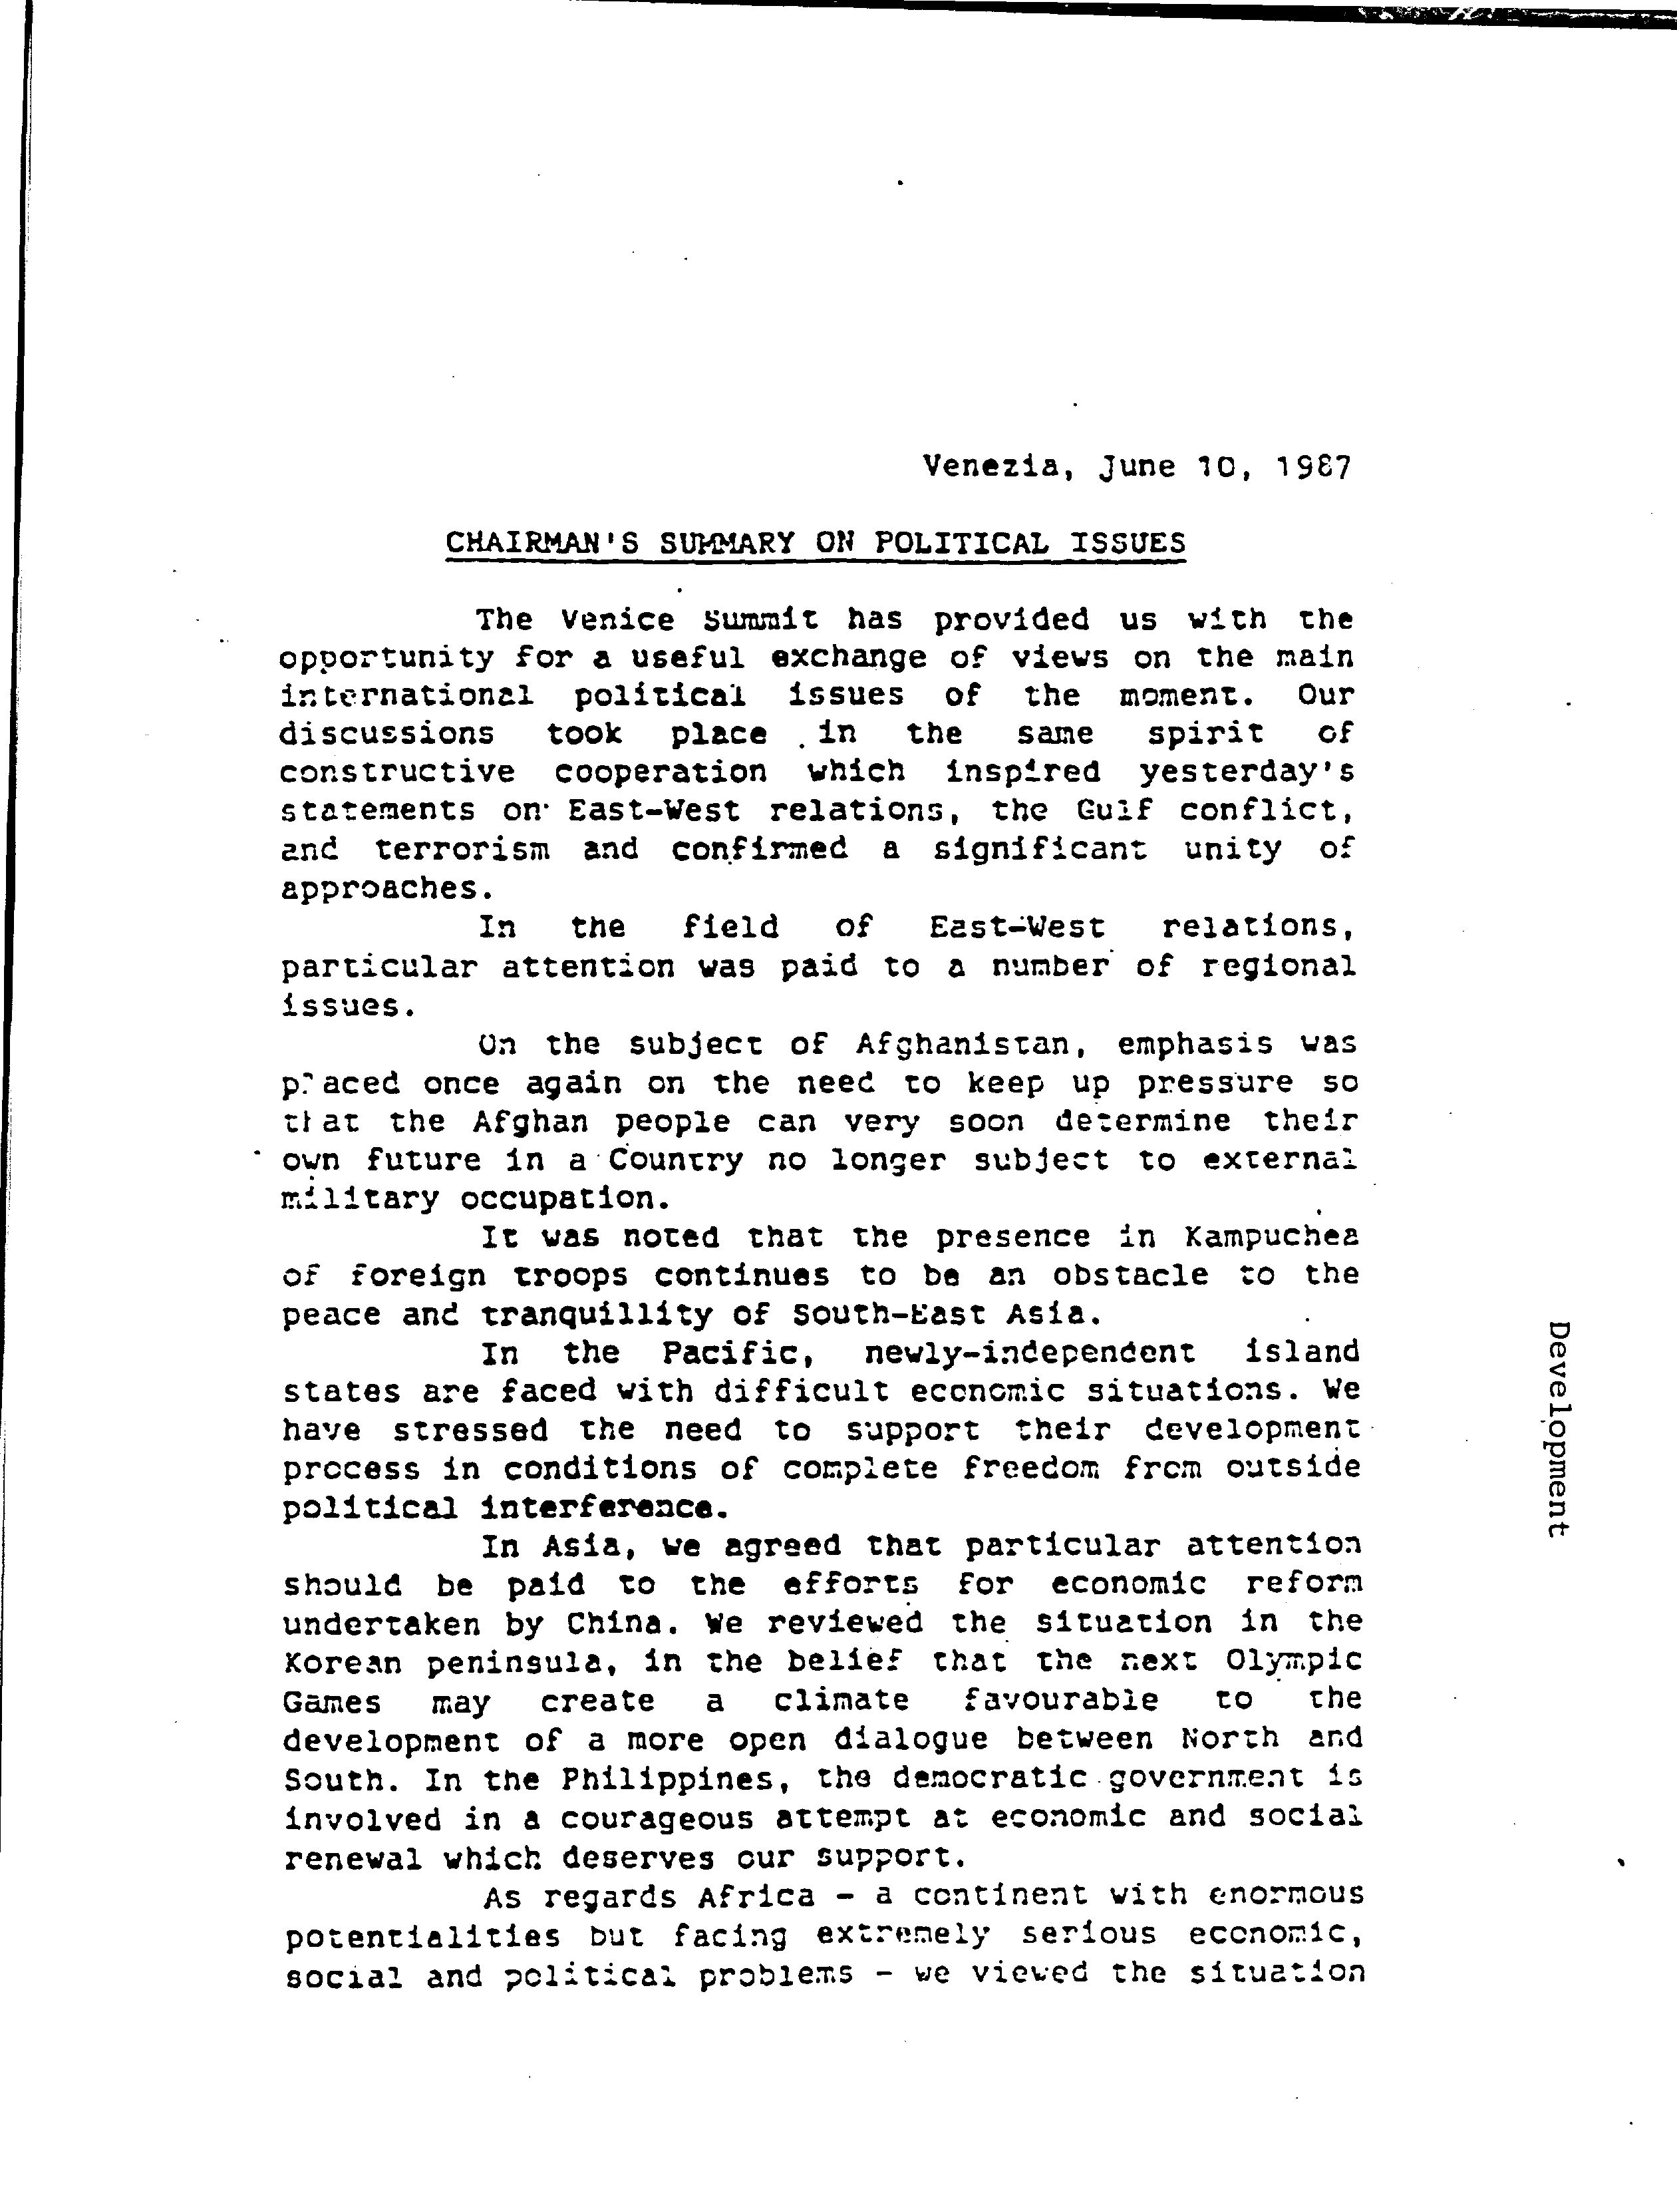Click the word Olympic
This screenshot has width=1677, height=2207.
(1293, 1662)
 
